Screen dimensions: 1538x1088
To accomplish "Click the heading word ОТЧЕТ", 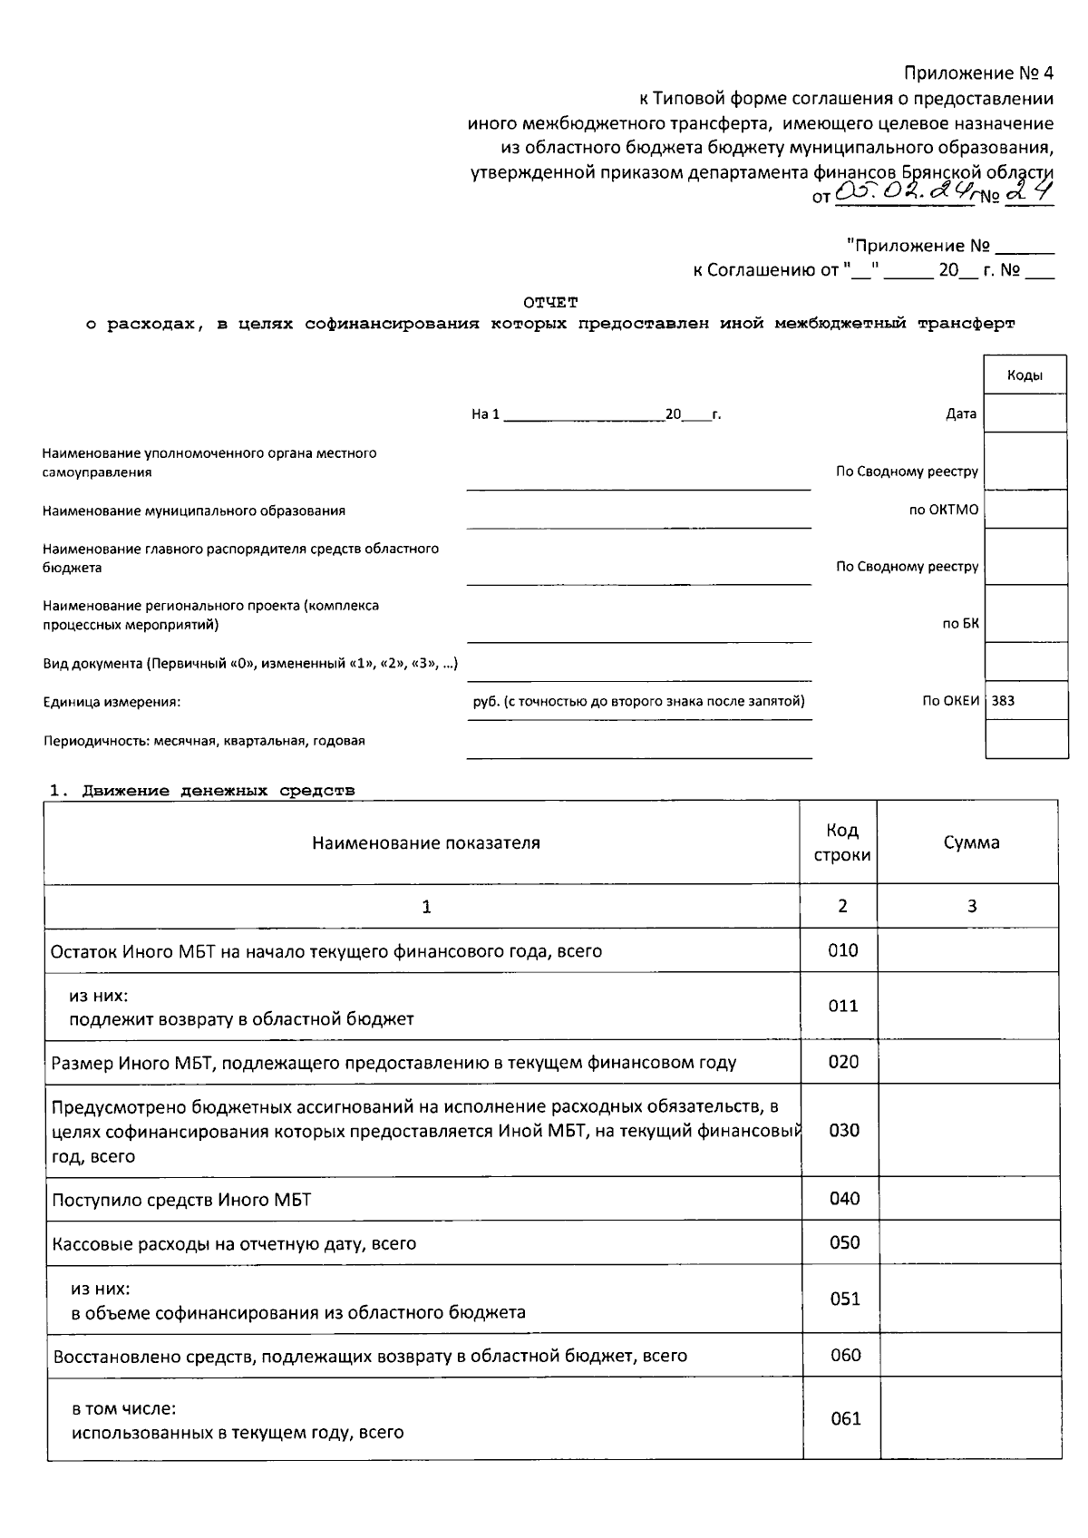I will click(x=550, y=302).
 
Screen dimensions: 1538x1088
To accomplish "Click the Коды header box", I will click(x=1025, y=375).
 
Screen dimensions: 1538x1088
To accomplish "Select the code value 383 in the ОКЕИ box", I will click(x=1004, y=700).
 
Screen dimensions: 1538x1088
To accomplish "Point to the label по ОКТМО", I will click(x=944, y=510).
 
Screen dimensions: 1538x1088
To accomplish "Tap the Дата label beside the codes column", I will click(x=961, y=414).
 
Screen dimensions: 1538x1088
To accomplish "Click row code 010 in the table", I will click(x=842, y=950).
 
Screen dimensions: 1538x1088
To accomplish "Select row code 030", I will click(x=843, y=1130).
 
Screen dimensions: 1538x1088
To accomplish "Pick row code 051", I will click(x=844, y=1299).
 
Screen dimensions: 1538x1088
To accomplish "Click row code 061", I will click(x=845, y=1419).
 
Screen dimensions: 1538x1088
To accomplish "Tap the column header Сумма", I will click(x=971, y=842).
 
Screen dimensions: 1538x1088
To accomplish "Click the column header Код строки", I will click(x=842, y=842).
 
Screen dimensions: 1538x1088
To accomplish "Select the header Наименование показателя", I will click(x=426, y=842).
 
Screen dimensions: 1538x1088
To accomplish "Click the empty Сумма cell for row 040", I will click(x=968, y=1199).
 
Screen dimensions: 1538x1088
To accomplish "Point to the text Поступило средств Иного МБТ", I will click(x=181, y=1200).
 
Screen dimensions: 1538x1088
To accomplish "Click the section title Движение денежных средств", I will click(x=218, y=791).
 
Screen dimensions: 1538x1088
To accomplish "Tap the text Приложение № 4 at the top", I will click(x=979, y=73).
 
